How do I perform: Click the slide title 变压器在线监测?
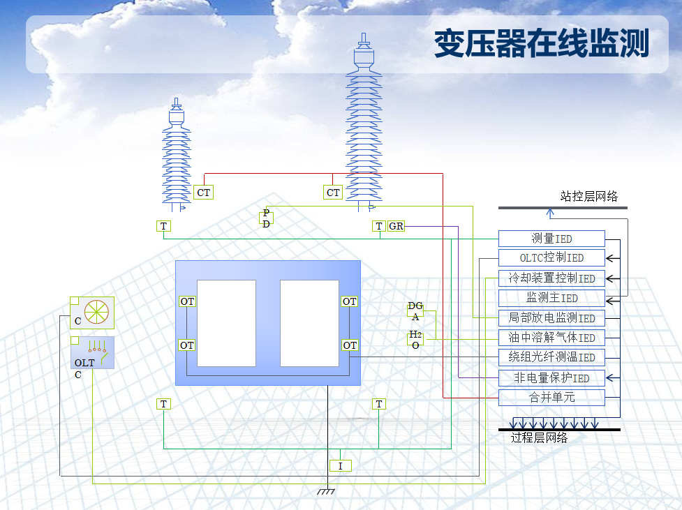[542, 43]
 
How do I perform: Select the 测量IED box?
[551, 239]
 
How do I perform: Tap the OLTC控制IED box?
[551, 258]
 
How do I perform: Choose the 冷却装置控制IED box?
[551, 278]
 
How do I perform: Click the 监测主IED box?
[551, 298]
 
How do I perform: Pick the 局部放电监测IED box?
[551, 318]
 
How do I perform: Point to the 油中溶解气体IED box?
[551, 338]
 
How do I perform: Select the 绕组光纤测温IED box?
[551, 357]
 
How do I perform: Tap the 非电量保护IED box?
[551, 378]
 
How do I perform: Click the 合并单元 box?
[551, 398]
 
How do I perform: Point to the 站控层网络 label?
[589, 197]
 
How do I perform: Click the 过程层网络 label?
[539, 437]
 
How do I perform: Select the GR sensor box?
[396, 226]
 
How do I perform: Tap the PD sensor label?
[266, 218]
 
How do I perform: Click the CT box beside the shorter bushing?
[204, 193]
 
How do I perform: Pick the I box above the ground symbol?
[340, 466]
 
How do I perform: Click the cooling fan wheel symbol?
[96, 312]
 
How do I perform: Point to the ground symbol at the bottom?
[326, 491]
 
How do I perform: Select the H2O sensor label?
[415, 340]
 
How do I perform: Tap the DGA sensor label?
[415, 311]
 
